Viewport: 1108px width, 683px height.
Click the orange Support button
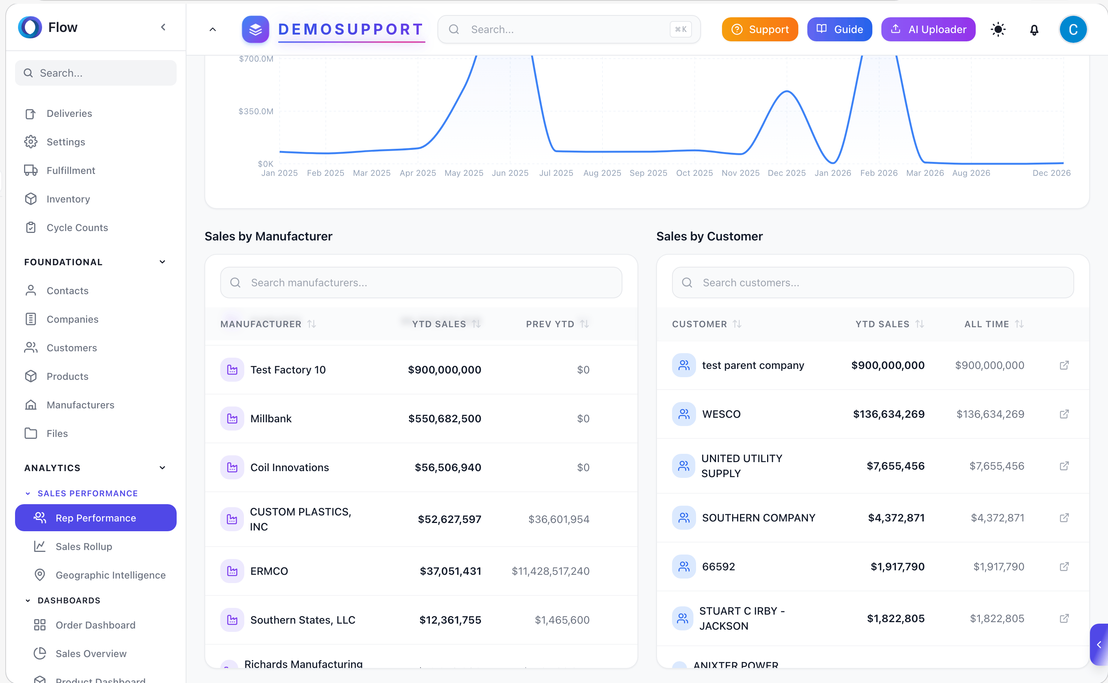pyautogui.click(x=760, y=29)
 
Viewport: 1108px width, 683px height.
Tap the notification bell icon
pyautogui.click(x=1034, y=30)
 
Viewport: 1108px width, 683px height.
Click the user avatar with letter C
pyautogui.click(x=1073, y=29)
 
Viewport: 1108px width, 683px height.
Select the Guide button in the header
pyautogui.click(x=839, y=29)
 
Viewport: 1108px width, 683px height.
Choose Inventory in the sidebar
pyautogui.click(x=68, y=199)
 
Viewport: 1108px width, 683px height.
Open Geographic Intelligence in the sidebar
pyautogui.click(x=110, y=575)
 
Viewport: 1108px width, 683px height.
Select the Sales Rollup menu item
pyautogui.click(x=83, y=547)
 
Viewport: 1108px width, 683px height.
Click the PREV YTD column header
pyautogui.click(x=550, y=324)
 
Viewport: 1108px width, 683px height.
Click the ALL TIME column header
pyautogui.click(x=987, y=324)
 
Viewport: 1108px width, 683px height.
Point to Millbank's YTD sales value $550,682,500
pyautogui.click(x=444, y=419)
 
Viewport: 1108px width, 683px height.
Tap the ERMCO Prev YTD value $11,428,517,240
pyautogui.click(x=550, y=571)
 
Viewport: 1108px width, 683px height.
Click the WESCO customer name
pyautogui.click(x=721, y=414)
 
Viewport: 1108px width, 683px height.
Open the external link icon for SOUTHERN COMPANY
pyautogui.click(x=1064, y=518)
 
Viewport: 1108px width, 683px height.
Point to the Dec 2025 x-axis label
pyautogui.click(x=786, y=173)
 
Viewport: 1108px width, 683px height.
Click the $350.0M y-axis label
pyautogui.click(x=256, y=112)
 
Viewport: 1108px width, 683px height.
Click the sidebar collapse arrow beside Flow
pyautogui.click(x=163, y=27)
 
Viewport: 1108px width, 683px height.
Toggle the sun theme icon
pyautogui.click(x=998, y=30)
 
